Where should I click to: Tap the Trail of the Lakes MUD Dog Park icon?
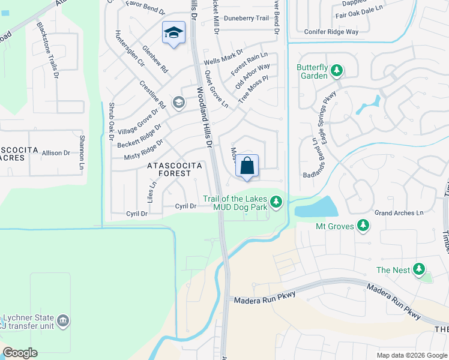pyautogui.click(x=276, y=203)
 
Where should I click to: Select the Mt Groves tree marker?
pyautogui.click(x=363, y=226)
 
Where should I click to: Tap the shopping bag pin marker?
pyautogui.click(x=247, y=166)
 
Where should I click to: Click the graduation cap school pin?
pyautogui.click(x=173, y=32)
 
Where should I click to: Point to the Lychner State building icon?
pyautogui.click(x=62, y=322)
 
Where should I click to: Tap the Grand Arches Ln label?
pyautogui.click(x=399, y=213)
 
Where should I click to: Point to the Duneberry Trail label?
pyautogui.click(x=246, y=18)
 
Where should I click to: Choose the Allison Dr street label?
pyautogui.click(x=56, y=153)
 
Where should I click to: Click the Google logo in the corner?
pyautogui.click(x=20, y=353)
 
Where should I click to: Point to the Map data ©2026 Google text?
pyautogui.click(x=412, y=355)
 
